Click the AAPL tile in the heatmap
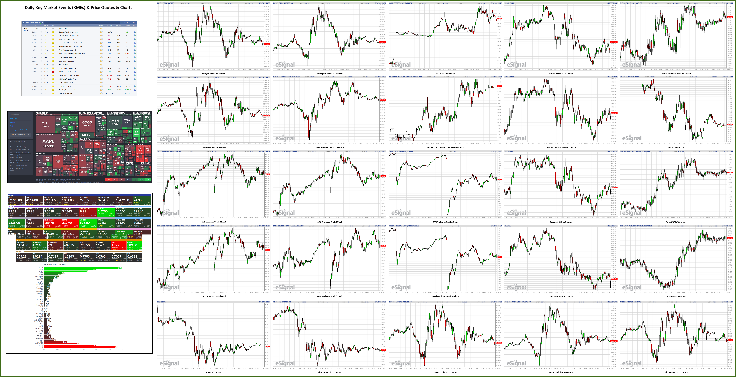pyautogui.click(x=48, y=143)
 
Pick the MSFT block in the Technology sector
pyautogui.click(x=46, y=124)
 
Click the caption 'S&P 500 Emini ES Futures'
pyautogui.click(x=213, y=74)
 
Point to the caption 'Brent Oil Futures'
pyautogui.click(x=213, y=372)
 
